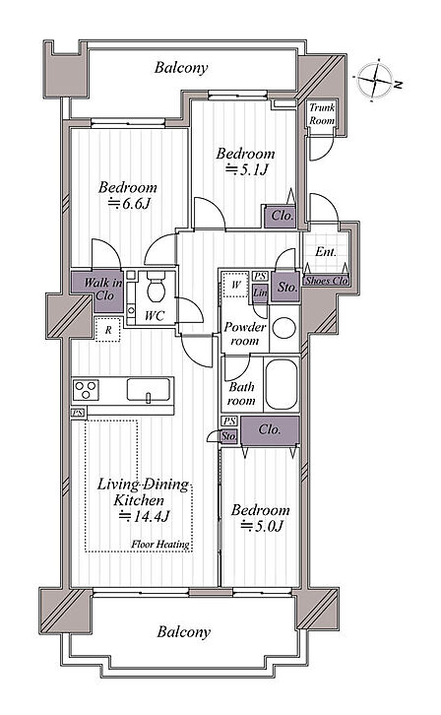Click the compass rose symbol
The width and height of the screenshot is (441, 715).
375,80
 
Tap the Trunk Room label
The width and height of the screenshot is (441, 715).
322,114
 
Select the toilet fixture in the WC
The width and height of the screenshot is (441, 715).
156,288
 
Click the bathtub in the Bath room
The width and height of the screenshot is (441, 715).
282,384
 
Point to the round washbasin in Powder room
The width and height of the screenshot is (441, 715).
283,328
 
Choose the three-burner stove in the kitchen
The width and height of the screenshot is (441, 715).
86,390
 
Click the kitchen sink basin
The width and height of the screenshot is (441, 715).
149,390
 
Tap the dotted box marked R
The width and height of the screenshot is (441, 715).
108,329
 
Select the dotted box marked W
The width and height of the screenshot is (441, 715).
235,285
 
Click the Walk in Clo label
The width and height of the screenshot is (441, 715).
103,289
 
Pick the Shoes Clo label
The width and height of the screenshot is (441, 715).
326,281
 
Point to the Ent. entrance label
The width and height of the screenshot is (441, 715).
326,252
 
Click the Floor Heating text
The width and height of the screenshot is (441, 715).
160,544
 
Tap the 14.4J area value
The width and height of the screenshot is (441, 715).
145,517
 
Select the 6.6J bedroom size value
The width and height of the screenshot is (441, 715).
129,203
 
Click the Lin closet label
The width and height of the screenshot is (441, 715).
260,292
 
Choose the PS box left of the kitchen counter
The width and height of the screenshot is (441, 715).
78,413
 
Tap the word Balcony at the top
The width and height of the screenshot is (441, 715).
181,68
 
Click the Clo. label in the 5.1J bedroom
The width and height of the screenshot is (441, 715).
283,216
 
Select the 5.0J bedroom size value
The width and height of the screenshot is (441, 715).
263,526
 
